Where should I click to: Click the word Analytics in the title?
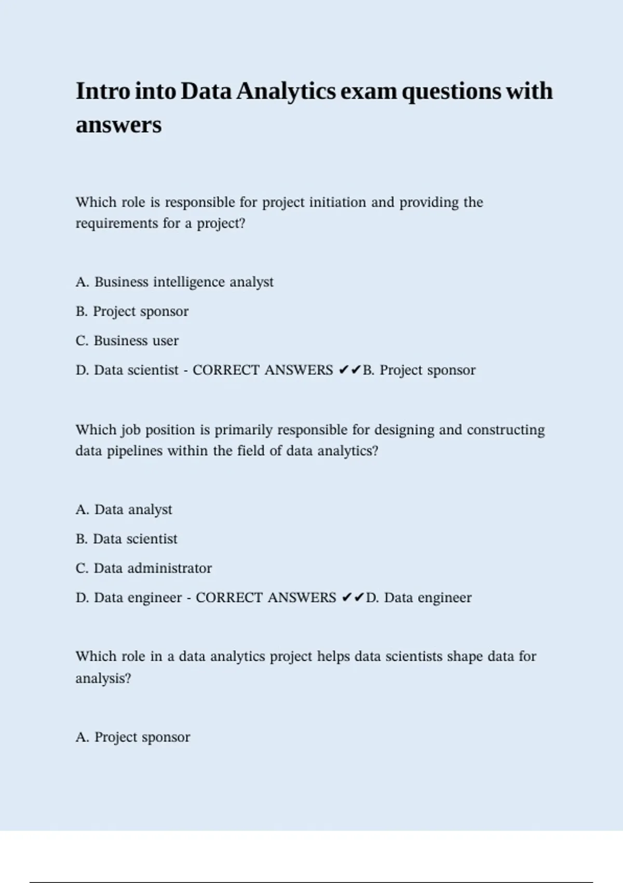click(x=286, y=91)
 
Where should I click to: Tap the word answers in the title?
click(x=118, y=125)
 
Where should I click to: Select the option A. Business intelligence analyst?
click(x=174, y=282)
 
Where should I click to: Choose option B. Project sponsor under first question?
click(x=132, y=312)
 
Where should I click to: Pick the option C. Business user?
click(x=127, y=341)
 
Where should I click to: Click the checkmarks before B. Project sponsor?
click(x=349, y=370)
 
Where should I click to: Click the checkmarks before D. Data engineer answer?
click(x=353, y=597)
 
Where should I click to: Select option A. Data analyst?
click(x=124, y=510)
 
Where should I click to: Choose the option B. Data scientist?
click(x=126, y=539)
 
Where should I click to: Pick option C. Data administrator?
click(x=144, y=568)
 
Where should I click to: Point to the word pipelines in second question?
click(x=134, y=451)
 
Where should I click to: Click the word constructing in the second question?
click(x=506, y=430)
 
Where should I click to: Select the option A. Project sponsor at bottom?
click(x=133, y=737)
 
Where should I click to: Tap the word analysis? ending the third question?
click(x=103, y=678)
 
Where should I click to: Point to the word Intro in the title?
click(x=102, y=91)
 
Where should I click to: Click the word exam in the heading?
click(x=369, y=91)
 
